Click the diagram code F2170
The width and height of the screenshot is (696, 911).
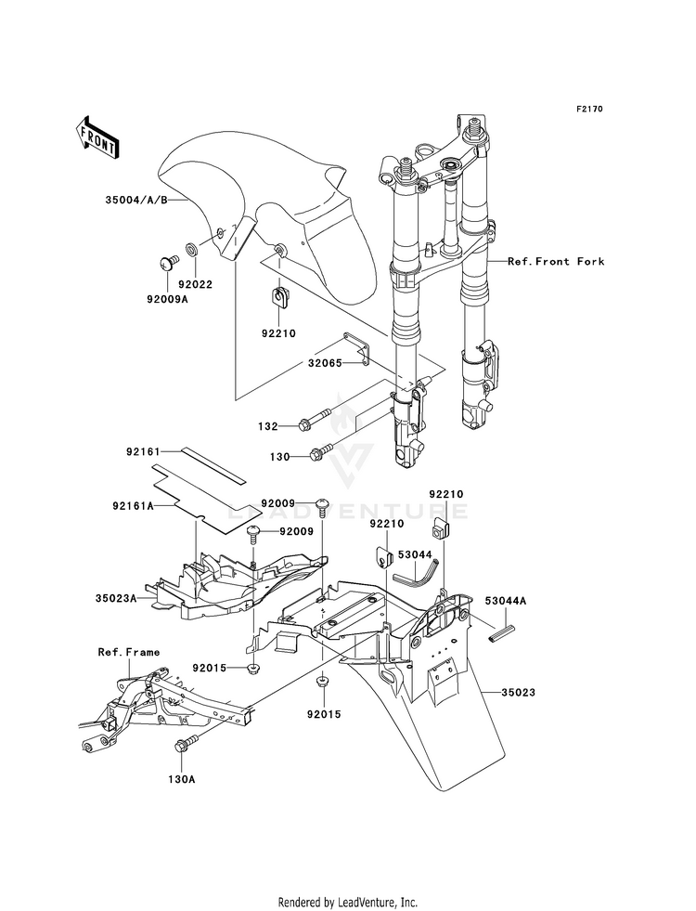tap(589, 110)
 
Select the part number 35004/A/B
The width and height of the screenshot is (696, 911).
tap(136, 201)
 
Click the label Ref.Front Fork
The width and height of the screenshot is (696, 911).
tap(556, 262)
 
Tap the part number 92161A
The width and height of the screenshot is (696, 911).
tap(133, 506)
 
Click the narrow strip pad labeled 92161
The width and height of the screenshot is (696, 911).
tap(213, 466)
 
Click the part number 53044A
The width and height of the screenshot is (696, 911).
tap(506, 602)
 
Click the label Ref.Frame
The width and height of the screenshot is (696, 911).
tap(128, 653)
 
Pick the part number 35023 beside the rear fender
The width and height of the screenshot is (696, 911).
tap(518, 693)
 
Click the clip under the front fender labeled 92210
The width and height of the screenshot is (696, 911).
tap(279, 297)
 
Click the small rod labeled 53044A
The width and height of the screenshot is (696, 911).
tap(502, 632)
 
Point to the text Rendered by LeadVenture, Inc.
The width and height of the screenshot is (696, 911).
tap(348, 903)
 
